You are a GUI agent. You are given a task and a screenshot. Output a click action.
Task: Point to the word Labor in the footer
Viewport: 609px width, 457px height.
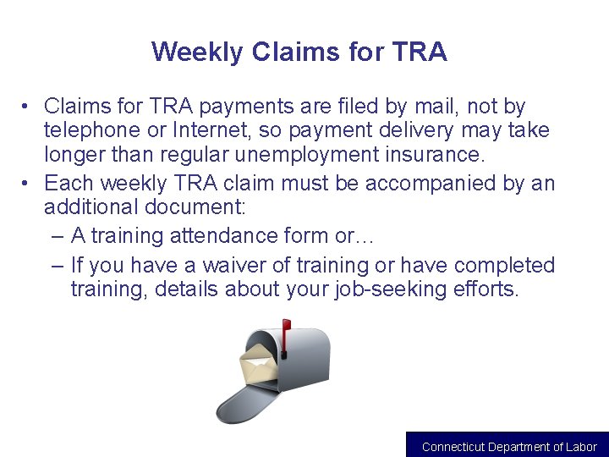pyautogui.click(x=581, y=447)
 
